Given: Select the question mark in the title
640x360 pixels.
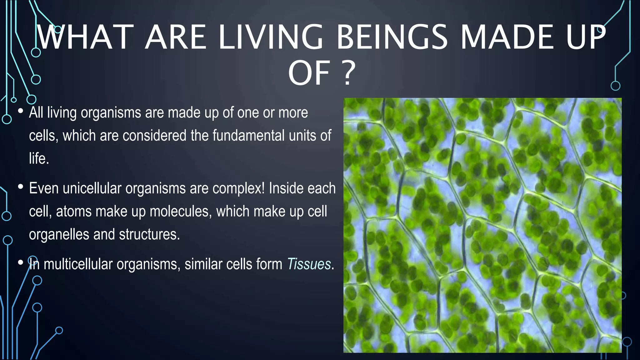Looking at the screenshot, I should [347, 74].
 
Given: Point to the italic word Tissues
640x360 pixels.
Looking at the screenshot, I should [309, 264].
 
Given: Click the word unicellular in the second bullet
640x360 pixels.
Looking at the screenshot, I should [92, 188].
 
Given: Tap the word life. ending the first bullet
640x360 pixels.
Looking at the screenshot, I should [39, 158].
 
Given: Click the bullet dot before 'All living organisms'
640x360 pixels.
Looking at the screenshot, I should [21, 111].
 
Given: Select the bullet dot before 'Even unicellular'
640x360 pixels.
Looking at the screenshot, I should [21, 187].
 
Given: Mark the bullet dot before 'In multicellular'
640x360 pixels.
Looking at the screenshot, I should [21, 262].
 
